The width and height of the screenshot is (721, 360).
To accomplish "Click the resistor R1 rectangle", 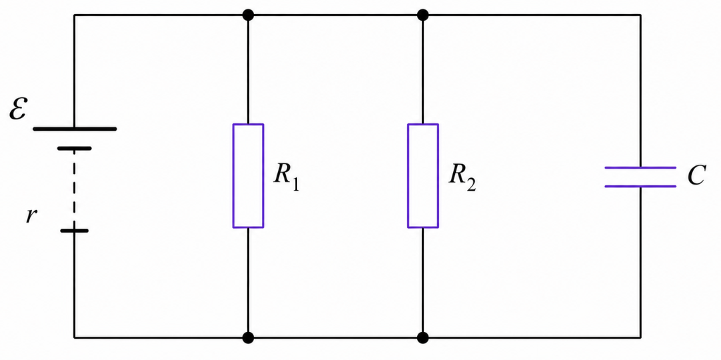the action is [x=233, y=175].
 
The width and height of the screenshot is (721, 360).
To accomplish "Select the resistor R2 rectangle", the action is [x=408, y=175].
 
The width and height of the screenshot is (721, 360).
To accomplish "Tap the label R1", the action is [x=286, y=177].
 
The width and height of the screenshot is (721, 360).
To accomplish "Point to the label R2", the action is [x=462, y=177].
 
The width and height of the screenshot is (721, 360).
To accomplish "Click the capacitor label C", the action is [x=696, y=175].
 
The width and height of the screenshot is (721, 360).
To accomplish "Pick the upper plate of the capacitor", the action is [x=640, y=168].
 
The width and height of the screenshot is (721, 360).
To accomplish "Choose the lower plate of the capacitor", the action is [x=640, y=186].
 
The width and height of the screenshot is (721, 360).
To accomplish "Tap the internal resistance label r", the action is [x=31, y=215].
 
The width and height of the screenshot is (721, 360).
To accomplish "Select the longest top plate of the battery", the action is [x=75, y=129].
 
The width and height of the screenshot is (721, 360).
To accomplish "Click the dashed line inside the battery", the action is [x=74, y=189].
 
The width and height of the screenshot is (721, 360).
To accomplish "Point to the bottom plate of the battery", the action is [x=74, y=230].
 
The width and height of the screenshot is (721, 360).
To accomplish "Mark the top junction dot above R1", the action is [x=249, y=15].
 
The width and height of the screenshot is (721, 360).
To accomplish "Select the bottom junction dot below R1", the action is [x=249, y=338].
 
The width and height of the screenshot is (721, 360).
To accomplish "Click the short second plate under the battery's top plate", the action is [x=74, y=148].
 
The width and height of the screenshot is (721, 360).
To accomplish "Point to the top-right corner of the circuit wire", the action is [x=640, y=15].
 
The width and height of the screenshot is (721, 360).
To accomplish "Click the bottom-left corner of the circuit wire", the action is [x=75, y=338].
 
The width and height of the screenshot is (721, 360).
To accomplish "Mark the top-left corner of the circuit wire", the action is [x=75, y=15].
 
